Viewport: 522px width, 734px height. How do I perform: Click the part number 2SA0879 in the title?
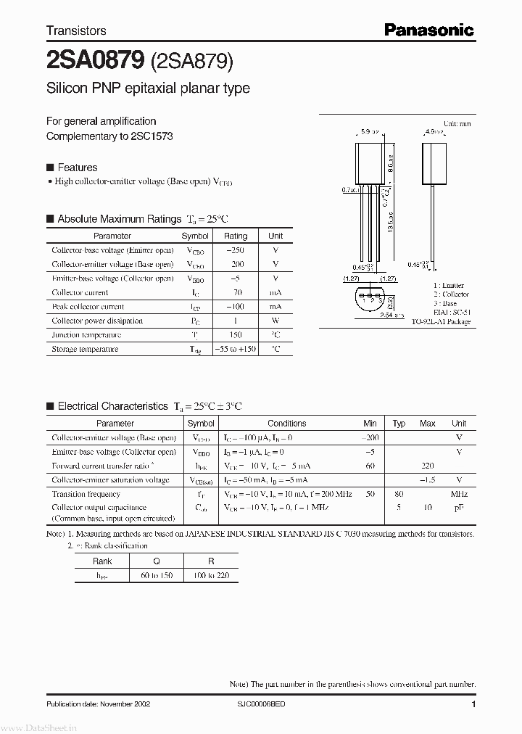94,62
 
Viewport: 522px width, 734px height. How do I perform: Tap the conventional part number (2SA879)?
191,62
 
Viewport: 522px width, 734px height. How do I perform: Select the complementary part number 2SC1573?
152,136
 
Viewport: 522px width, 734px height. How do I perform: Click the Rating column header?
236,236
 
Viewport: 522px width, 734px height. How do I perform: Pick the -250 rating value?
236,250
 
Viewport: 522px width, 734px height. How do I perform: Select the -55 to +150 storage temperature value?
236,350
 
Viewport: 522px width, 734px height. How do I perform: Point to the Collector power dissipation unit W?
275,321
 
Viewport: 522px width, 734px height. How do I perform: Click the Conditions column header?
287,424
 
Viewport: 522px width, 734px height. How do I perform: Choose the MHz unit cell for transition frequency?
459,494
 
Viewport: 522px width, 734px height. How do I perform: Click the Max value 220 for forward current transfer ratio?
428,466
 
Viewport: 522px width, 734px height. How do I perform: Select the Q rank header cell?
157,561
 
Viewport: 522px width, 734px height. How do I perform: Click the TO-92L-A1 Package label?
441,321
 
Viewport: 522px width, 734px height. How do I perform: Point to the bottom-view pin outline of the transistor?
370,299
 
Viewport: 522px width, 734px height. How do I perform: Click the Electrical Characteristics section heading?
112,406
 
